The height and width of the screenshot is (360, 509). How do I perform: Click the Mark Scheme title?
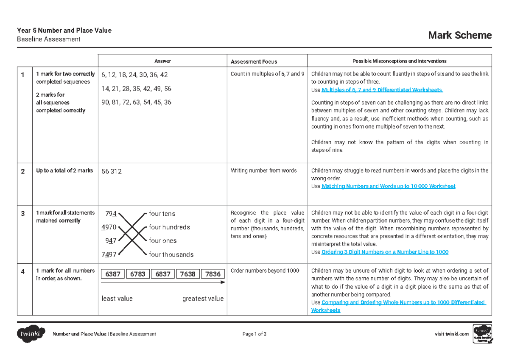(x=460, y=35)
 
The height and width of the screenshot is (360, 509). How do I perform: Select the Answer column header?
(x=162, y=61)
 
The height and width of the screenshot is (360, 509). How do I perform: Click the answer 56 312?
(x=112, y=172)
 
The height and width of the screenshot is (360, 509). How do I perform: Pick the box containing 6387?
(x=113, y=274)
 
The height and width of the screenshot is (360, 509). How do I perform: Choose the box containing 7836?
(x=213, y=274)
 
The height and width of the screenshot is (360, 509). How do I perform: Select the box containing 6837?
(x=163, y=274)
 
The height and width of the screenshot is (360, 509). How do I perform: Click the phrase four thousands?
(x=171, y=255)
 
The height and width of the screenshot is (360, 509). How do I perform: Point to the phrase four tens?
(x=162, y=214)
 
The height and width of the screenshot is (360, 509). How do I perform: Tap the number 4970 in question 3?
(x=109, y=227)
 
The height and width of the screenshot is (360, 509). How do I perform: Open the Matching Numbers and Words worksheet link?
(x=389, y=186)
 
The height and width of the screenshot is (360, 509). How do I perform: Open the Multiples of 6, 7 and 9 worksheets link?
(x=382, y=90)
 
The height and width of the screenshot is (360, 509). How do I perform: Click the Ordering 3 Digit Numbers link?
(x=385, y=252)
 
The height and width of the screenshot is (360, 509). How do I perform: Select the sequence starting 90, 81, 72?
(x=136, y=102)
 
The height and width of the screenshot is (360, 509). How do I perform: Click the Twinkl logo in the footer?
(x=31, y=334)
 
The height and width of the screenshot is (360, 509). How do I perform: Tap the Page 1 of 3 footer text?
(x=255, y=334)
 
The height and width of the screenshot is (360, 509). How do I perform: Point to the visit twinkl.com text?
(x=452, y=334)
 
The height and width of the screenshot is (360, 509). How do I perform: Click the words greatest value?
(x=203, y=299)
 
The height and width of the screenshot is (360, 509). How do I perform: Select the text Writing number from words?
(x=263, y=171)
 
